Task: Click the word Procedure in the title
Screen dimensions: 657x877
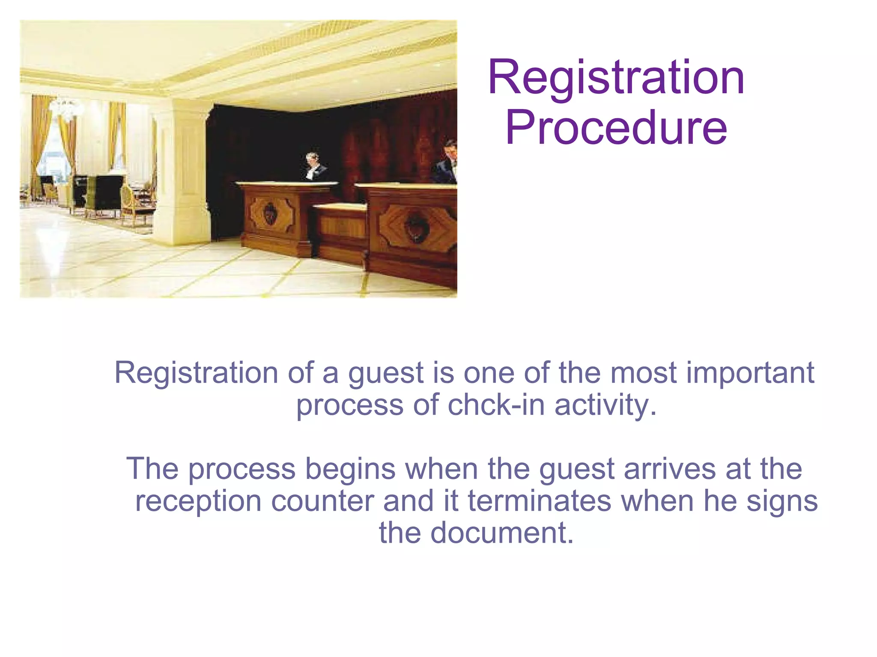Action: pos(616,128)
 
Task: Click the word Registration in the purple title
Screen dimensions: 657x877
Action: pos(616,78)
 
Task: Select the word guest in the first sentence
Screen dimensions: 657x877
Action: pos(386,374)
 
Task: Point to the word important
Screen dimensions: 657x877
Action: pos(750,373)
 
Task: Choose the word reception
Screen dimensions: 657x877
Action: pos(198,502)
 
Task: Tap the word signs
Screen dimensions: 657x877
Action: pos(782,502)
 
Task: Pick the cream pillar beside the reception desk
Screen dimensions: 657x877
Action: pos(182,171)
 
